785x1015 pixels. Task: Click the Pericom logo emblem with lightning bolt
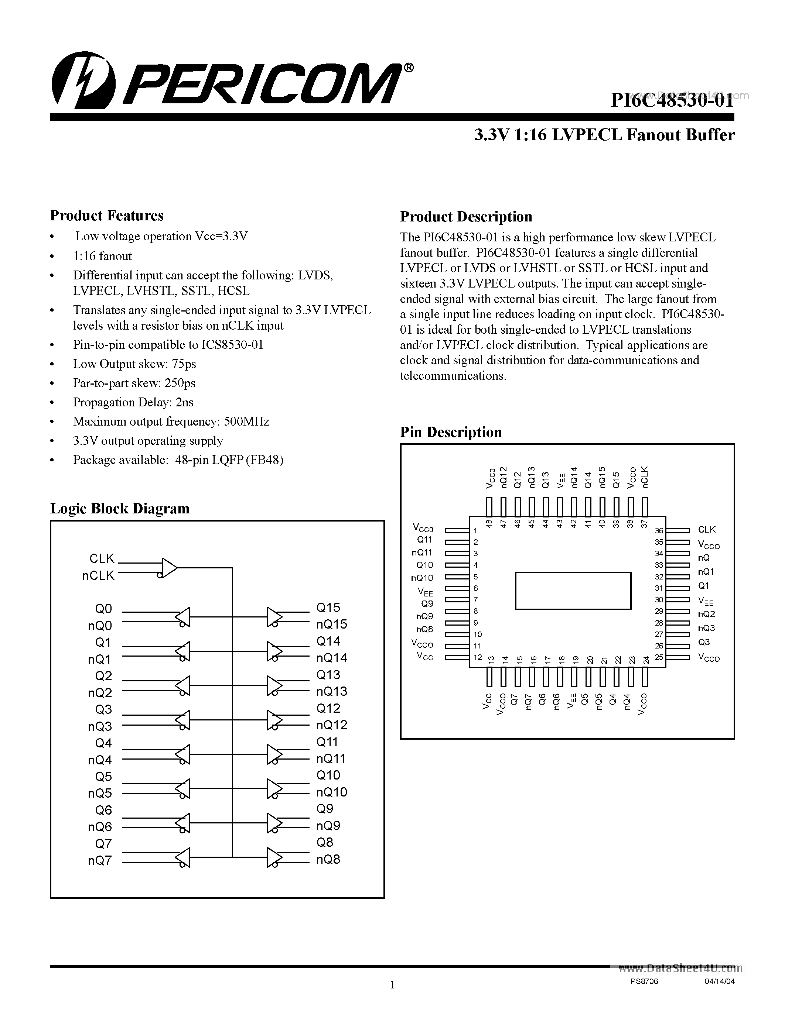84,80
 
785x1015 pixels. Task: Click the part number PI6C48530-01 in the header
672,100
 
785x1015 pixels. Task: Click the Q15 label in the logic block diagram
328,608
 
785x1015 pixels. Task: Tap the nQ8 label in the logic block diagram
328,859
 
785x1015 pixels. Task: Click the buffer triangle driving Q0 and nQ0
184,617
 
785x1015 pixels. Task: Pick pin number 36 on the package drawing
659,531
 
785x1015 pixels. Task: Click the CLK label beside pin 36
706,530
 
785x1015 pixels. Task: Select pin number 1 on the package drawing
475,531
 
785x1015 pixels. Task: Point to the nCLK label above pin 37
645,477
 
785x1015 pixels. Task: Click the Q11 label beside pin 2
424,540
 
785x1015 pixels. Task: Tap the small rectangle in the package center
573,591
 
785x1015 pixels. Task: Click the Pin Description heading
451,432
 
